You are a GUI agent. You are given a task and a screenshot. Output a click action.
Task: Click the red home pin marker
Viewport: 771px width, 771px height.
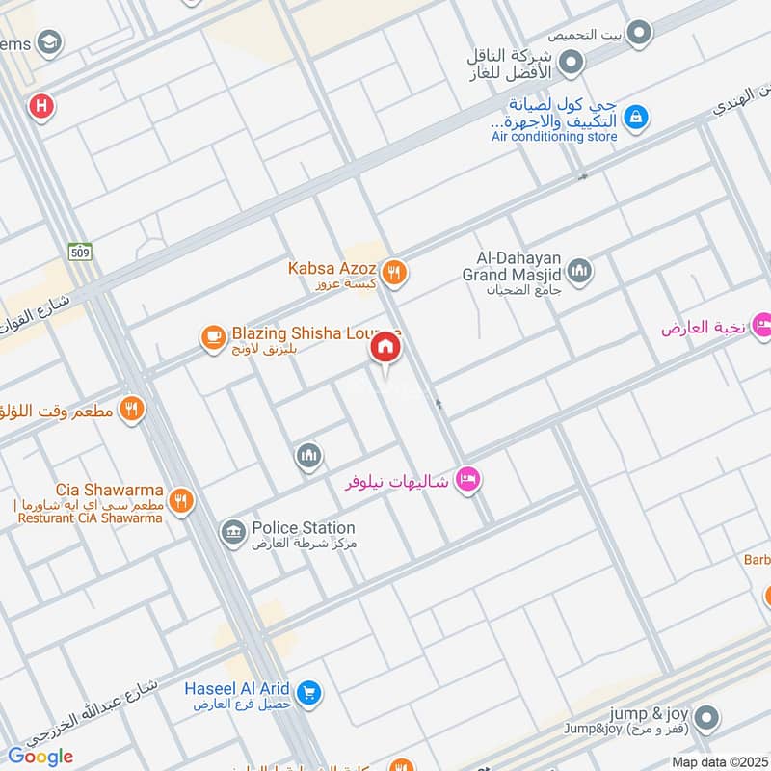tap(385, 348)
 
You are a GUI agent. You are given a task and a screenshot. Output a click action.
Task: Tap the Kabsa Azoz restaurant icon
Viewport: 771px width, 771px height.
tap(393, 275)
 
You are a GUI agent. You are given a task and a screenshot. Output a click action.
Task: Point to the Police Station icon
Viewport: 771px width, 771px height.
tap(232, 532)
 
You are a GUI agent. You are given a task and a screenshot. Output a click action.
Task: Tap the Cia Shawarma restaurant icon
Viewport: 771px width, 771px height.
tap(180, 500)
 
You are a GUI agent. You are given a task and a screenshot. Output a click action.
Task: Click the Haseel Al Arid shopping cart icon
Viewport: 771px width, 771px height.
tap(308, 692)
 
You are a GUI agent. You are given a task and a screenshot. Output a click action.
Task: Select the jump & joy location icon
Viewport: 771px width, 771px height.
tap(706, 717)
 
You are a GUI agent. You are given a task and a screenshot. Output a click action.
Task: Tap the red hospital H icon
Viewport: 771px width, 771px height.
tap(40, 105)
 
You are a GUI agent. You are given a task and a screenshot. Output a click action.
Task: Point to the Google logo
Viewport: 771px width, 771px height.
tap(40, 757)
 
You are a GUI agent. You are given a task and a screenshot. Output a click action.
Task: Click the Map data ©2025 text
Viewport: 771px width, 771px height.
tap(717, 761)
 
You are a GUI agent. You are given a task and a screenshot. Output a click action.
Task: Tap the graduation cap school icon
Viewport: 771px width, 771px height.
tap(48, 42)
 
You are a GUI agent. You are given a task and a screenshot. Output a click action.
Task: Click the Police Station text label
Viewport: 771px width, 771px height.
tap(303, 528)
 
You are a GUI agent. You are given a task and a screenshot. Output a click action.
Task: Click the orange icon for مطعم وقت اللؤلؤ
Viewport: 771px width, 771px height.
tap(132, 409)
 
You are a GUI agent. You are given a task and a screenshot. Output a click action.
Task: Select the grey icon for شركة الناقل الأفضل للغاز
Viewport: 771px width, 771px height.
tap(572, 64)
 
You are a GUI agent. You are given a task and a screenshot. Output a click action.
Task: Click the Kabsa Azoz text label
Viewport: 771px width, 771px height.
tap(332, 268)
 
